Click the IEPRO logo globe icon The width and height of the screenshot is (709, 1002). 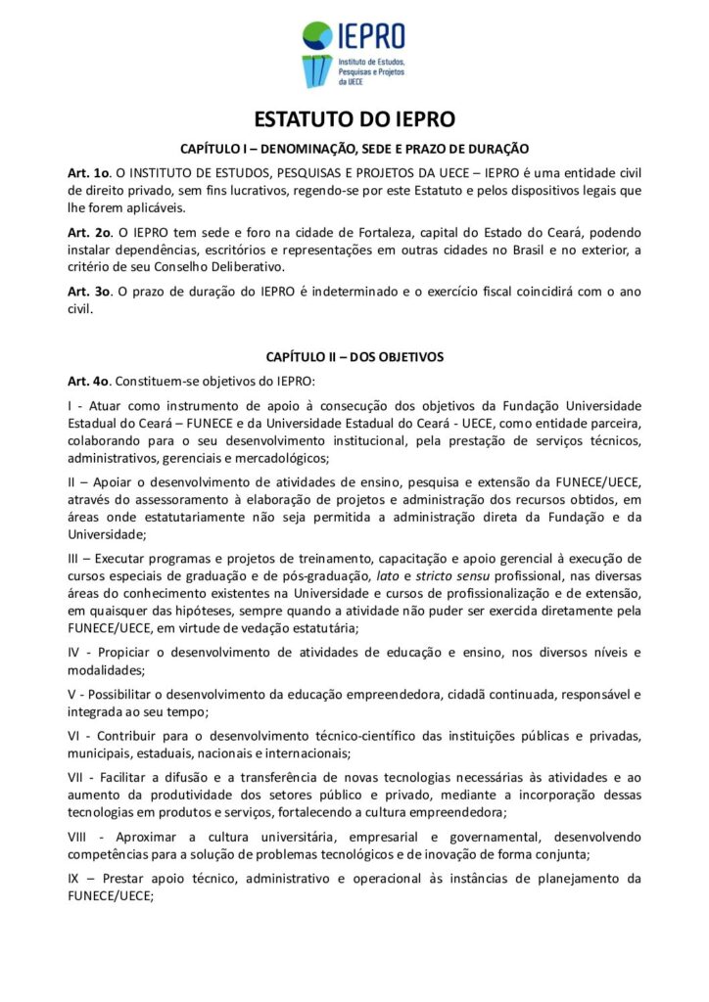pyautogui.click(x=317, y=36)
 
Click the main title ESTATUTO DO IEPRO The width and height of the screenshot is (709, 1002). pyautogui.click(x=354, y=119)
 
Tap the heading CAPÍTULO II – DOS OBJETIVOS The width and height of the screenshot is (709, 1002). pyautogui.click(x=354, y=357)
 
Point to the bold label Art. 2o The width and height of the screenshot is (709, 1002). pyautogui.click(x=86, y=232)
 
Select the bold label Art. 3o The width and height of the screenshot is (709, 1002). pyautogui.click(x=86, y=292)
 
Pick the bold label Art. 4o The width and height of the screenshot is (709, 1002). pyautogui.click(x=86, y=381)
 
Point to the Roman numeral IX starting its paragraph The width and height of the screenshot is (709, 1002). pyautogui.click(x=74, y=878)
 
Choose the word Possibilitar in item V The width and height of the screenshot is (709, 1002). pyautogui.click(x=134, y=695)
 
